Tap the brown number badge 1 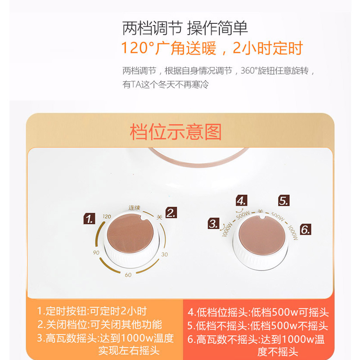pos(90,219)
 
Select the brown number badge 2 pos(171,212)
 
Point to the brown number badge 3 pos(213,223)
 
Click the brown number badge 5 pos(283,200)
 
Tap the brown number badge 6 pos(306,230)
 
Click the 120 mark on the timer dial pos(107,216)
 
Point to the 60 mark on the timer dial pos(128,275)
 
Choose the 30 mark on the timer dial pos(164,255)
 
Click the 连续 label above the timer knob pos(135,207)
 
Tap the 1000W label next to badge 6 pos(293,232)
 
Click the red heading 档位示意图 pos(175,132)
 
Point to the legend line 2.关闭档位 pos(99,324)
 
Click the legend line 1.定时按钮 pos(92,311)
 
